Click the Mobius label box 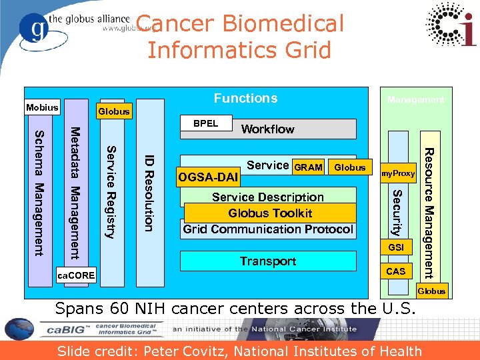pyautogui.click(x=42, y=107)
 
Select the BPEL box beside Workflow pyautogui.click(x=206, y=123)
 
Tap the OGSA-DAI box pyautogui.click(x=208, y=178)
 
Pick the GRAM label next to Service pyautogui.click(x=309, y=167)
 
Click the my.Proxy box pyautogui.click(x=398, y=174)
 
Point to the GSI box pyautogui.click(x=397, y=247)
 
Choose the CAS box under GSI pyautogui.click(x=396, y=271)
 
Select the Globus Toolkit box pyautogui.click(x=269, y=213)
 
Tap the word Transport pyautogui.click(x=268, y=261)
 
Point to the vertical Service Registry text pyautogui.click(x=111, y=192)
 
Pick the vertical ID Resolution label pyautogui.click(x=150, y=193)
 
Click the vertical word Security pyautogui.click(x=397, y=213)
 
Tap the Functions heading pyautogui.click(x=245, y=99)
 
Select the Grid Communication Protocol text pyautogui.click(x=268, y=229)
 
